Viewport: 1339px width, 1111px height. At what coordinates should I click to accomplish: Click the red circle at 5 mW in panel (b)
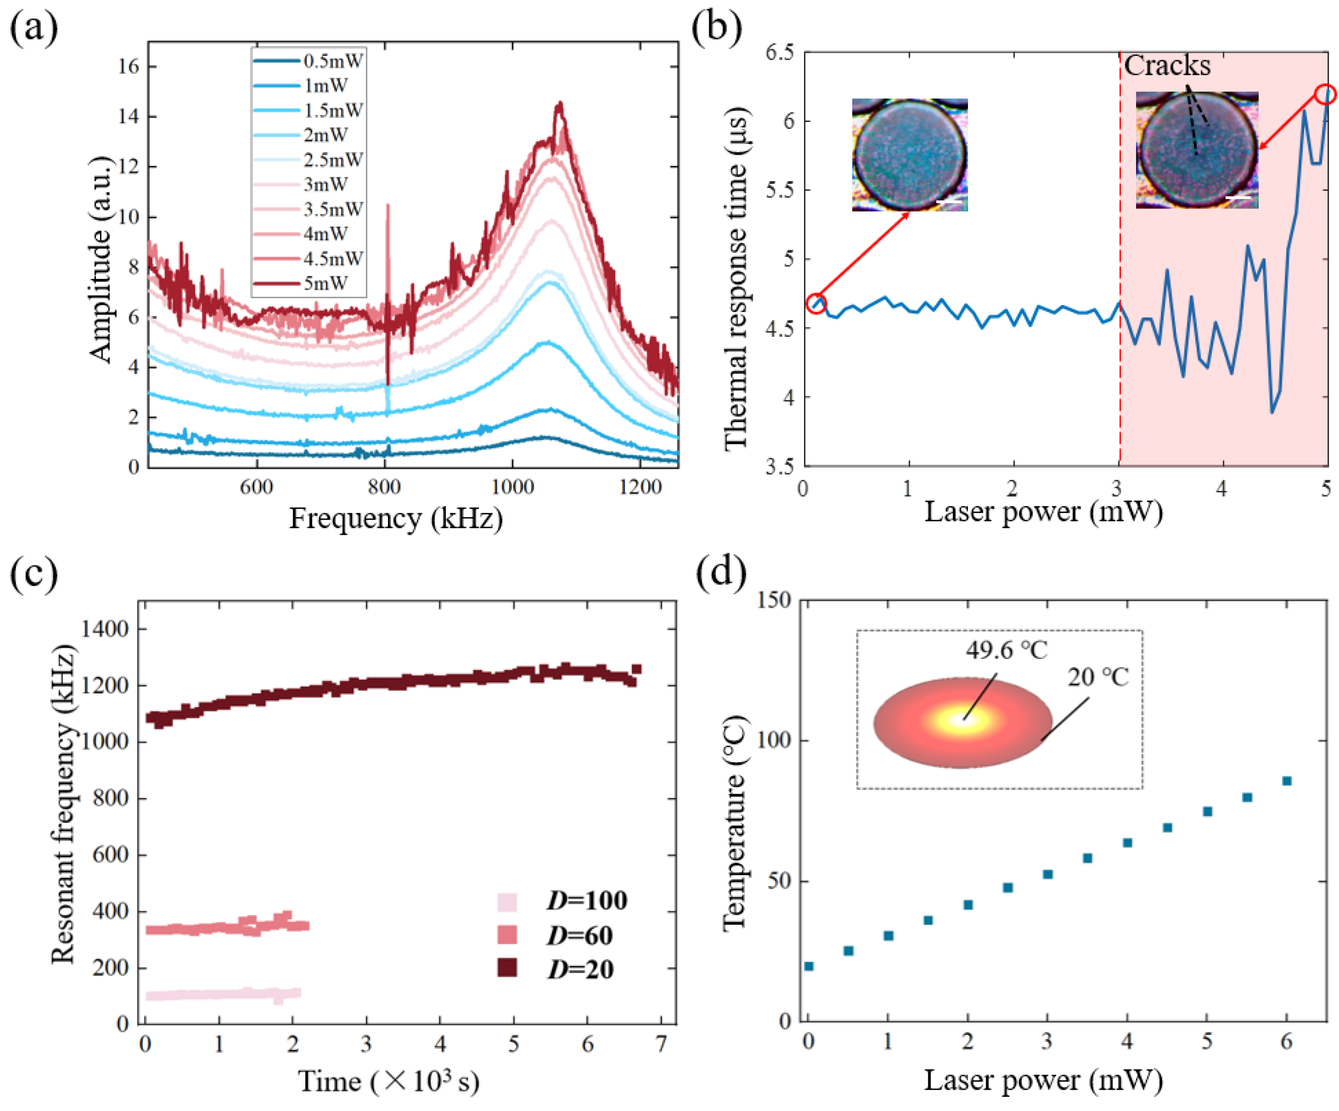click(x=1326, y=94)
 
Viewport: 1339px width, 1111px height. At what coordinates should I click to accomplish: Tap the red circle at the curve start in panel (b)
click(x=817, y=303)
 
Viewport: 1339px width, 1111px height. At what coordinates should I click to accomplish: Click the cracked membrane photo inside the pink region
click(x=1197, y=150)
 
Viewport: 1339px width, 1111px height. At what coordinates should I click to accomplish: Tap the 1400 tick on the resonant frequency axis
click(x=105, y=629)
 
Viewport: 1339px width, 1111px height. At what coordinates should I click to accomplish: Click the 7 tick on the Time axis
click(x=661, y=1044)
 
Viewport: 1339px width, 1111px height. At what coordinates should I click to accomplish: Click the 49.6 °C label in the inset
click(x=1006, y=650)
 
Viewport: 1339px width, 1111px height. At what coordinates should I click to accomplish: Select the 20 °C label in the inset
click(x=1098, y=677)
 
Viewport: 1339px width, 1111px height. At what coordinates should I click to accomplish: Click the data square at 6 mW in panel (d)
click(x=1287, y=781)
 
